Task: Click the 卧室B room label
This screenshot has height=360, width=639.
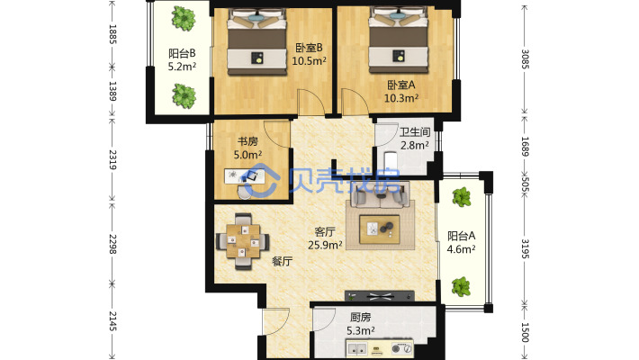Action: [x=309, y=48]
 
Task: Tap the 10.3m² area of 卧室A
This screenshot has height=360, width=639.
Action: [x=401, y=98]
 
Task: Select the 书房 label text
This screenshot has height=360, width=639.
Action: [x=247, y=141]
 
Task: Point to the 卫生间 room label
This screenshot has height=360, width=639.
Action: [x=415, y=132]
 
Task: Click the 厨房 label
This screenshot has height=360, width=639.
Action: [x=361, y=317]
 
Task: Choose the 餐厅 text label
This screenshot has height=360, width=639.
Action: [x=282, y=261]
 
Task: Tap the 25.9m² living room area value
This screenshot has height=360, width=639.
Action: [x=325, y=245]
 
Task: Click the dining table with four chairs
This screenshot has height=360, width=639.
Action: [x=242, y=241]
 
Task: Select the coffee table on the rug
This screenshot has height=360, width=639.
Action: [x=380, y=229]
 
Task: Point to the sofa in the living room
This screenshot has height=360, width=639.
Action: [x=380, y=195]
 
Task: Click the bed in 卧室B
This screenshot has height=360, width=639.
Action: [x=256, y=43]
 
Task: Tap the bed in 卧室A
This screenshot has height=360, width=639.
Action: [x=399, y=40]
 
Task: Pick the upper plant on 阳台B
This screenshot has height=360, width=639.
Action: [x=184, y=18]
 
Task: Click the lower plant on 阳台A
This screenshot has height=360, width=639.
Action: [x=462, y=286]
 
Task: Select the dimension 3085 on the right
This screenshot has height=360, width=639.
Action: [x=525, y=59]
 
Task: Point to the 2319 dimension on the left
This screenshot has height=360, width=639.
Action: [x=112, y=160]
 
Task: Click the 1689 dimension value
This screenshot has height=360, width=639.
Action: [x=525, y=147]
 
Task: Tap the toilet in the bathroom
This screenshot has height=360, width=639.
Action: [x=391, y=162]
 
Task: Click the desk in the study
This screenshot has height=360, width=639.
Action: [x=245, y=176]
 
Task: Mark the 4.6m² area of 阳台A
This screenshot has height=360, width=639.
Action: [x=462, y=248]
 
